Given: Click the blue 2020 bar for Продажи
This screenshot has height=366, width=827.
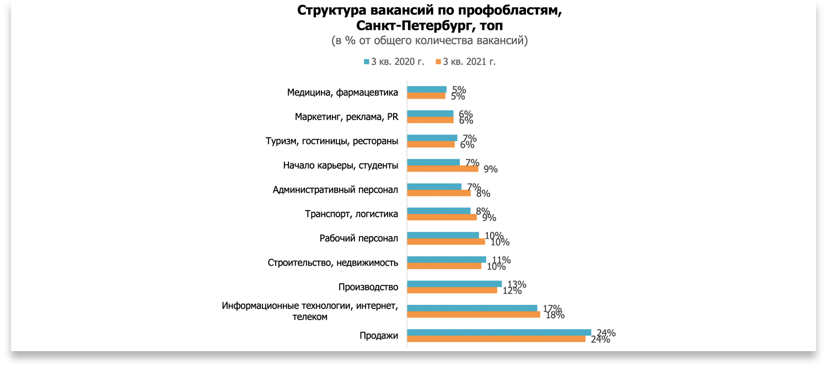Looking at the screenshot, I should pos(499,332).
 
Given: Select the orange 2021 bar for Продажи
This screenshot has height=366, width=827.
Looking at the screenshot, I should pos(496,339).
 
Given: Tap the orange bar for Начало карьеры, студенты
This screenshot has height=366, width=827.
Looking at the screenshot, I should pos(443,169).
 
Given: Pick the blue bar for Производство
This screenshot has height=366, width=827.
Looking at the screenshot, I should pos(454,284).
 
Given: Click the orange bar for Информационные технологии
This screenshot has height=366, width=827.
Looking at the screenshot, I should pos(474,315).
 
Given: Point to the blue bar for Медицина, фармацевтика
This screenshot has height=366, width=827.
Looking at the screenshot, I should pos(427,89).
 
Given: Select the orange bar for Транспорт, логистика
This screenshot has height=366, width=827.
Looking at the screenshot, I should pos(442,217).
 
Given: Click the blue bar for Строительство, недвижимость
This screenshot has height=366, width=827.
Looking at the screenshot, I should pos(447,260).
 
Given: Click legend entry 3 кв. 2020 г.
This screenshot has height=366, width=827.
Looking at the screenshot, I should pos(394,62).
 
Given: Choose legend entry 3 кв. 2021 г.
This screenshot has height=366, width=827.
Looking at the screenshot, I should pos(466,62).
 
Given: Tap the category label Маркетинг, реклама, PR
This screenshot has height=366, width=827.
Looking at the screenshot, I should pos(346,117).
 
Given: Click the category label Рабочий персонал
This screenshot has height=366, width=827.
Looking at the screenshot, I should pos(358,238).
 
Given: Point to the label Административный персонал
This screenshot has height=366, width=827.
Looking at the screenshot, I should pos(335,190).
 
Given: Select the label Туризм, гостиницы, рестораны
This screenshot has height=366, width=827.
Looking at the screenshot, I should pos(332,141).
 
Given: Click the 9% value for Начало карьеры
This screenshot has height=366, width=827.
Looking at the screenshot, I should pos(490,170).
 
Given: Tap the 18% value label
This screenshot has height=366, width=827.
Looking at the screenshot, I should pos(555,315).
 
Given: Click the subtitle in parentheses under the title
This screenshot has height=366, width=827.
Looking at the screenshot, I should pos(429,41).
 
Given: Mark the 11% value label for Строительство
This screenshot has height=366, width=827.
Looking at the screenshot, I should pos(501,261).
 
